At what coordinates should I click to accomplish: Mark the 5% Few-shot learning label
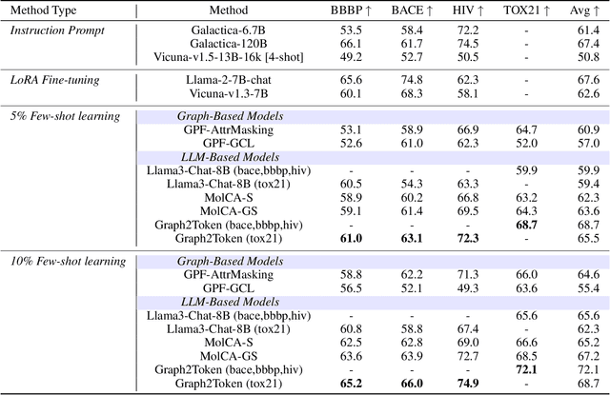[x=65, y=117]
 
